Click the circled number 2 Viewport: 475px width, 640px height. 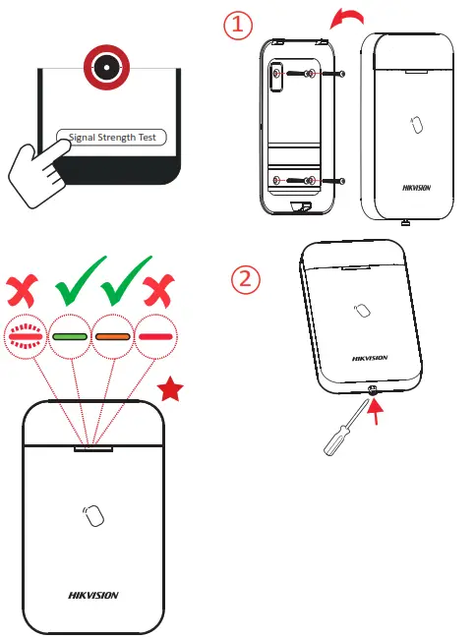point(247,279)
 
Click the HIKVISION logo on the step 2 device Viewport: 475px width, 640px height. point(370,358)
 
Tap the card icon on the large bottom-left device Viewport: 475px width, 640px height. point(93,515)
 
